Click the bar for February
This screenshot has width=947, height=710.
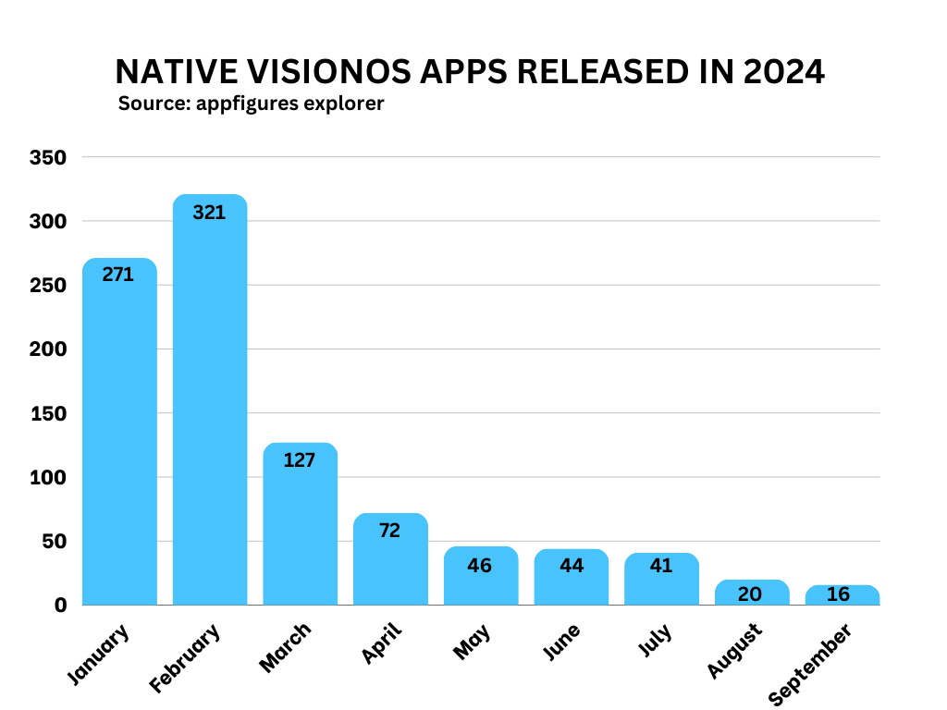click(x=210, y=407)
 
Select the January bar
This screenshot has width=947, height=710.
click(x=119, y=435)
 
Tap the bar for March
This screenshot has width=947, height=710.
click(x=300, y=527)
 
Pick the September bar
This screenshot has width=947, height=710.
click(x=842, y=595)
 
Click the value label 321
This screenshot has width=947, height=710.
click(x=209, y=212)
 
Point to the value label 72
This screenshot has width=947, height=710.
click(x=389, y=531)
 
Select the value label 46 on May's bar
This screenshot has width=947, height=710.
click(x=479, y=565)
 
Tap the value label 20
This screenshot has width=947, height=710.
click(x=750, y=594)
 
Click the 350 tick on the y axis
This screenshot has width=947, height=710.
click(x=49, y=158)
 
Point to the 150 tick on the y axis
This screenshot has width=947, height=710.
click(x=49, y=414)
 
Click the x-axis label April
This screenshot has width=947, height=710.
click(x=382, y=643)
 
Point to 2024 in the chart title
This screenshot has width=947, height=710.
click(x=783, y=72)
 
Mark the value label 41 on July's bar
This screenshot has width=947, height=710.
click(x=660, y=565)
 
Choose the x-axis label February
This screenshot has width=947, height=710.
click(x=186, y=658)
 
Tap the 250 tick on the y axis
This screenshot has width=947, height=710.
click(x=49, y=286)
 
